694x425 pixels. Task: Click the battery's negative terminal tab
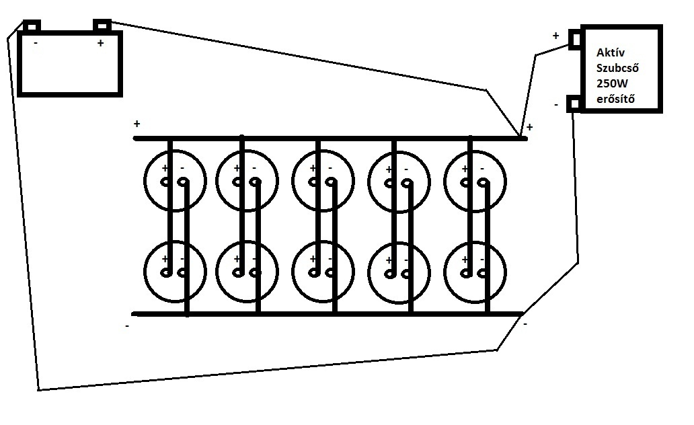[32, 26]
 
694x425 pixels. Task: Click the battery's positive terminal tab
[102, 26]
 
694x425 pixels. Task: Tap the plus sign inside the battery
[100, 44]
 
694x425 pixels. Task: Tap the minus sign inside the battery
[35, 44]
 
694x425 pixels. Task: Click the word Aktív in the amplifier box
[610, 53]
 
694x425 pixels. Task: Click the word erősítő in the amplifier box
[616, 100]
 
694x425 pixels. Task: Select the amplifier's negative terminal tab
[574, 104]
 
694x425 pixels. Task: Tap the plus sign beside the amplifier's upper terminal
[555, 36]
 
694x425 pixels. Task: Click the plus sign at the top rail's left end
[137, 124]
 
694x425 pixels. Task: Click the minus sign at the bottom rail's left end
[127, 326]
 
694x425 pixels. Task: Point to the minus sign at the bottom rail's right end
[525, 323]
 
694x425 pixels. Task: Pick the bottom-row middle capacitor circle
[323, 270]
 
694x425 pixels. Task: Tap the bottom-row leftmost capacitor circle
[173, 270]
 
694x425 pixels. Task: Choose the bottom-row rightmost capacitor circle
[475, 270]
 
